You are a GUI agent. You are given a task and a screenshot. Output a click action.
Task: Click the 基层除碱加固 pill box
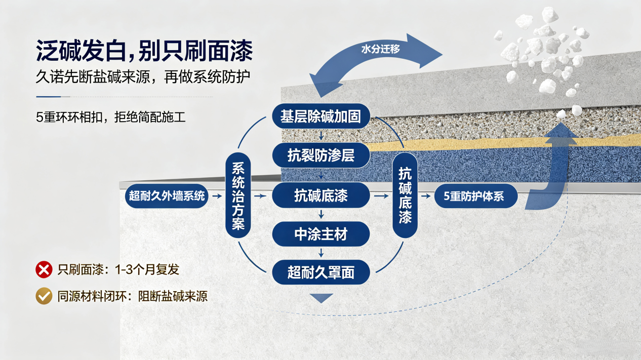pyautogui.click(x=321, y=116)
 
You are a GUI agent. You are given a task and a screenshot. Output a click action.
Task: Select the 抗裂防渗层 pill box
pyautogui.click(x=321, y=155)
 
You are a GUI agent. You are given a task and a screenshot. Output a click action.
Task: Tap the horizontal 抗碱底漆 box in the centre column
pyautogui.click(x=321, y=195)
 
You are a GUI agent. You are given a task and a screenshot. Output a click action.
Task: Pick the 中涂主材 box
pyautogui.click(x=321, y=234)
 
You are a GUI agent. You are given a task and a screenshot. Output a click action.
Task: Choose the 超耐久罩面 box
pyautogui.click(x=321, y=272)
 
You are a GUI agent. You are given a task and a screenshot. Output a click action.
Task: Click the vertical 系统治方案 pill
pyautogui.click(x=238, y=195)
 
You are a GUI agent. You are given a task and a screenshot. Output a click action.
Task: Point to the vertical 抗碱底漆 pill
pyautogui.click(x=405, y=195)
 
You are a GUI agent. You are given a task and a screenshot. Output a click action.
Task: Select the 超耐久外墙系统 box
pyautogui.click(x=167, y=196)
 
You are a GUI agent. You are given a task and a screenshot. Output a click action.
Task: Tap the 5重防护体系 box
pyautogui.click(x=476, y=196)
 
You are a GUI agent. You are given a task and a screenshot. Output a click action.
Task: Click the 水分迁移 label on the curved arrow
pyautogui.click(x=380, y=49)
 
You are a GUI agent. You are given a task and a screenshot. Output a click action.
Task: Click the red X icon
pyautogui.click(x=44, y=269)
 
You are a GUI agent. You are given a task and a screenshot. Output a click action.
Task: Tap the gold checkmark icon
pyautogui.click(x=44, y=296)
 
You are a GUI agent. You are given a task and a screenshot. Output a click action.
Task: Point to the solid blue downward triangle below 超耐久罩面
pyautogui.click(x=321, y=298)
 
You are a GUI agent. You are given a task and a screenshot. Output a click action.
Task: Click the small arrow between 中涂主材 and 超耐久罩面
pyautogui.click(x=321, y=253)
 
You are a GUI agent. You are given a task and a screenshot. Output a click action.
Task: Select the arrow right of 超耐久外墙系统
pyautogui.click(x=217, y=196)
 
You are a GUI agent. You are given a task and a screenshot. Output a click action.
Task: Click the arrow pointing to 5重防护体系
pyautogui.click(x=426, y=196)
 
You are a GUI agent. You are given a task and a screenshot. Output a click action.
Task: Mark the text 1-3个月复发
pyautogui.click(x=147, y=269)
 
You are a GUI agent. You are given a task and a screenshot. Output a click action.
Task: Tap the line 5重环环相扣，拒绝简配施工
pyautogui.click(x=111, y=117)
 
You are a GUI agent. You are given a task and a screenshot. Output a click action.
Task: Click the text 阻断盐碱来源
pyautogui.click(x=173, y=296)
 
